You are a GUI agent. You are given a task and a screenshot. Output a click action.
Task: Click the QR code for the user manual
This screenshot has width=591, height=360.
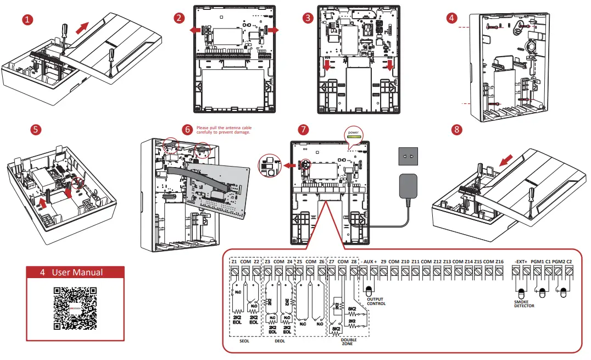[x=75, y=308]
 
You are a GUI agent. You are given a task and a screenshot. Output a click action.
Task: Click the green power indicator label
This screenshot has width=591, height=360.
[x=354, y=132]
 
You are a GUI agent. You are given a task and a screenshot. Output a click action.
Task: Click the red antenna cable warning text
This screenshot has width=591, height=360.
[x=223, y=129]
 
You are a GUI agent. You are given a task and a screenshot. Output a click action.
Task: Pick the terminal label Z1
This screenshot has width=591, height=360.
[x=234, y=262]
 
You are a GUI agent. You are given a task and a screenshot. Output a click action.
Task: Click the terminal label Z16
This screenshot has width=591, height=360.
[x=499, y=262]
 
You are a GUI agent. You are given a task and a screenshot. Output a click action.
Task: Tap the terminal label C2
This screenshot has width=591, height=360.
[x=569, y=262]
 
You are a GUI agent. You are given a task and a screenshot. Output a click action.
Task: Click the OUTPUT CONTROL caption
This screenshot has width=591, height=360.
[x=376, y=301]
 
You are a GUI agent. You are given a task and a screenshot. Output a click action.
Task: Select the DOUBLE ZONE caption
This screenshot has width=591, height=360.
[x=349, y=342]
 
